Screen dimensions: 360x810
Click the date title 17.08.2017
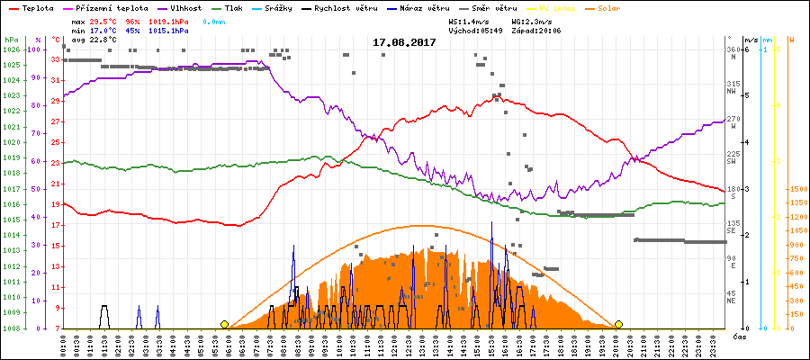coord(404,42)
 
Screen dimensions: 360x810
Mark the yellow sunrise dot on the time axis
coord(224,324)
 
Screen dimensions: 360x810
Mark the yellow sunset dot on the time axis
coord(618,324)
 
